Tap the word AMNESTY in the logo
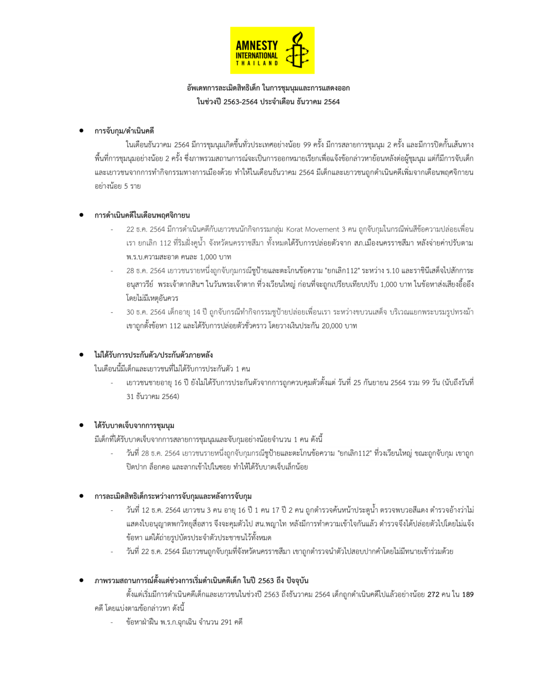pos(257,45)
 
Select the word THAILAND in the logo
pos(257,63)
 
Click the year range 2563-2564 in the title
pos(241,102)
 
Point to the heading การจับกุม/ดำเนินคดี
pos(124,131)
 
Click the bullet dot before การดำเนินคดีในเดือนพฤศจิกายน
pos(81,215)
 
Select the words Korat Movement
pos(316,229)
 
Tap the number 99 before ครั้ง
pos(307,145)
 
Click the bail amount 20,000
pos(332,326)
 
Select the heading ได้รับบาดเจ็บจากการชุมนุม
pos(134,425)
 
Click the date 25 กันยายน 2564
pos(379,383)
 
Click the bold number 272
pos(433,595)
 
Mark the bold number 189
pos(468,595)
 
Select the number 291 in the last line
pos(226,622)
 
